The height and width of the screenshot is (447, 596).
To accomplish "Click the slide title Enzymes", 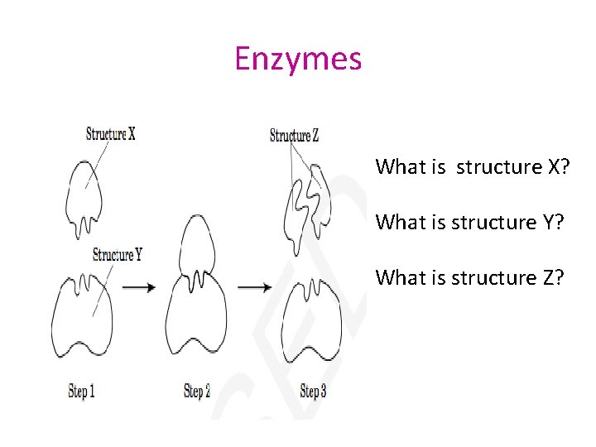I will pos(298,60).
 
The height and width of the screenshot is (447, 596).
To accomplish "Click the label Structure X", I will pos(110,133).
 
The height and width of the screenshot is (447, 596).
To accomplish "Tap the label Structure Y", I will pos(118,254).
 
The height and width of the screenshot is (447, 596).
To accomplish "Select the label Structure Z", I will pos(294,136).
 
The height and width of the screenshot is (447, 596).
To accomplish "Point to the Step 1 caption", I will pos(81,391).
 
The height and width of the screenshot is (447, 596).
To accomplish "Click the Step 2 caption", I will pos(197,391).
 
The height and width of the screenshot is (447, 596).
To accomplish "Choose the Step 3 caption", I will pos(313,391).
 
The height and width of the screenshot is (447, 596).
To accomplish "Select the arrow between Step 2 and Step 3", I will pos(255,287).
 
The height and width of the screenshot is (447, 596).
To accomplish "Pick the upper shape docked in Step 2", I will pos(195,248).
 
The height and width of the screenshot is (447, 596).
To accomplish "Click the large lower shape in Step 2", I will pos(195,319).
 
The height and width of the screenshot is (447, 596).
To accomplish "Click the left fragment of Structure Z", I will pos(292,217).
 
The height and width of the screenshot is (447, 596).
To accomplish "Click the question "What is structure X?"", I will pos(470,167).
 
